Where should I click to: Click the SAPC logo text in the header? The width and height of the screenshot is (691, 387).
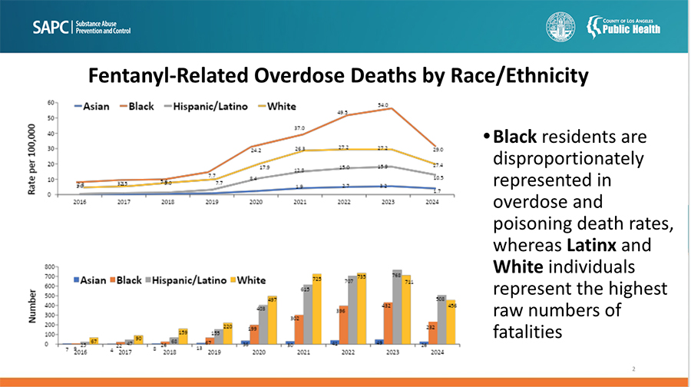pyautogui.click(x=51, y=28)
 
